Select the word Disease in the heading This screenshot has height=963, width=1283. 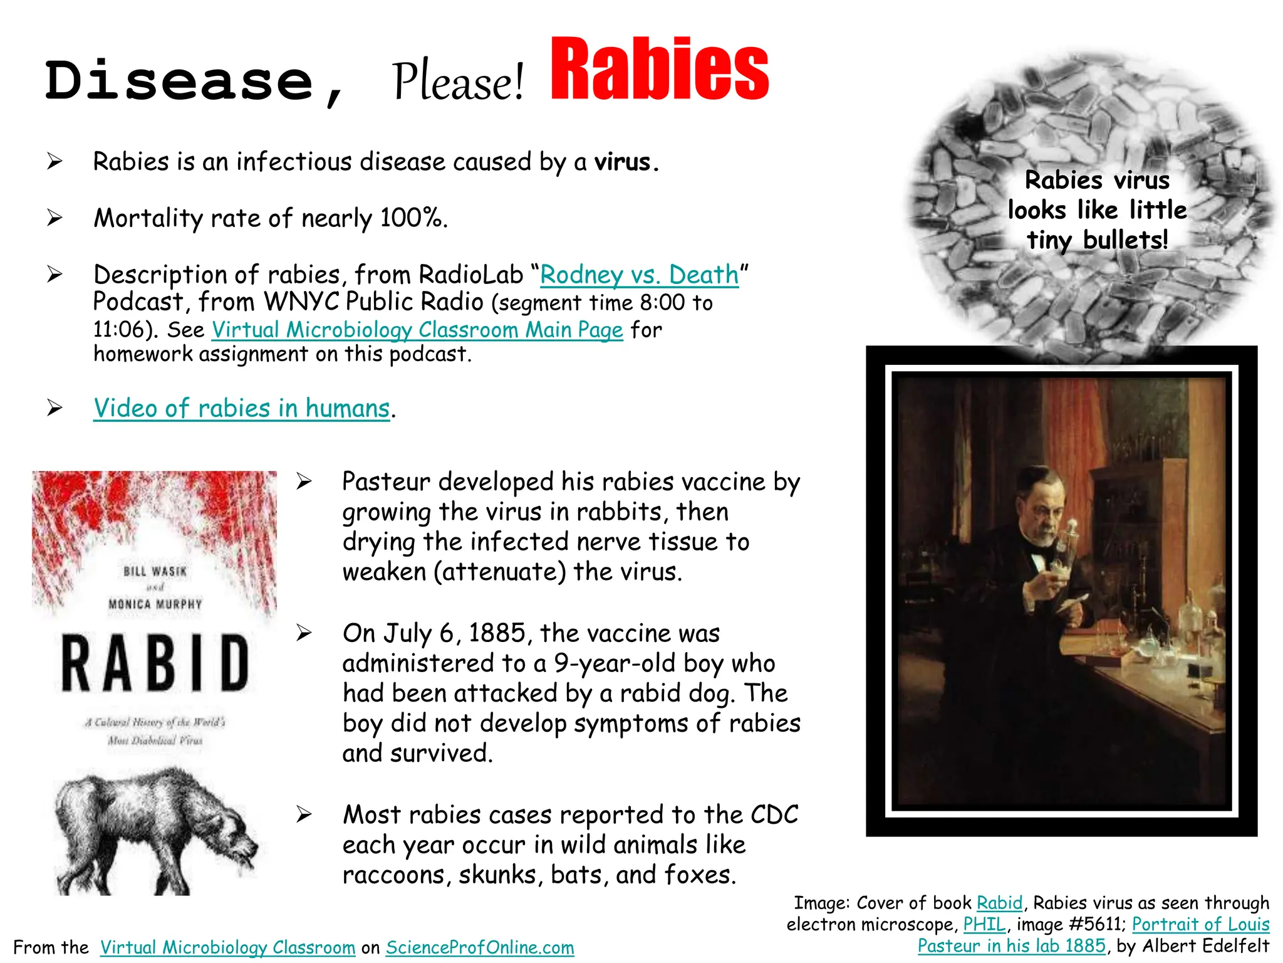(x=179, y=82)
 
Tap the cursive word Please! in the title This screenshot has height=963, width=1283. (x=458, y=82)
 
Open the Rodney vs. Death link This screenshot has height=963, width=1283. (x=639, y=275)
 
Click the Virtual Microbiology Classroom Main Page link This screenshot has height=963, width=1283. (x=417, y=330)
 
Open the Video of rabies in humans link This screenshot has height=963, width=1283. (x=242, y=408)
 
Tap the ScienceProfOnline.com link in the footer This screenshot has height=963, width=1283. (x=480, y=947)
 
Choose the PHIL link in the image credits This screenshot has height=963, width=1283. (x=984, y=924)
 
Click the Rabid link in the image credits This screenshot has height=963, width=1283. (x=999, y=903)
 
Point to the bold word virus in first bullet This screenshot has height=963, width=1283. (x=623, y=162)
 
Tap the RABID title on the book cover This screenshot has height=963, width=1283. (x=155, y=663)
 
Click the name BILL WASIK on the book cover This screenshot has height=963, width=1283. (x=155, y=571)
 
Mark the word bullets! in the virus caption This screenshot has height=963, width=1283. (x=1125, y=240)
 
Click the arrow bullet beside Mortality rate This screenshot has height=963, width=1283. (x=55, y=218)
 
